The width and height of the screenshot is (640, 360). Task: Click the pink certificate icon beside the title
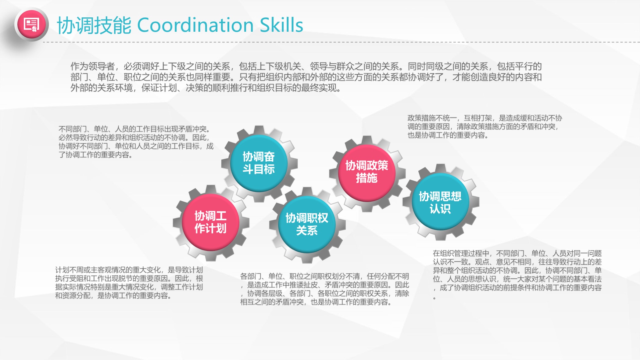coord(31,24)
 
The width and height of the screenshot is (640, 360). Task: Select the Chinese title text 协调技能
coord(94,25)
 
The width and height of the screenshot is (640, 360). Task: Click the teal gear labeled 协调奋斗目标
coord(259,163)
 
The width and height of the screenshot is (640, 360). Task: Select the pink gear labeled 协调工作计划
coord(211,222)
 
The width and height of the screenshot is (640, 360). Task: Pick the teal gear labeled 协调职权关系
coord(307,225)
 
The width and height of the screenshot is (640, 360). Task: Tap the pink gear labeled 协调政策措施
coord(367,173)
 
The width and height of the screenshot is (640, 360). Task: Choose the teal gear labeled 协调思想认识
coord(440,202)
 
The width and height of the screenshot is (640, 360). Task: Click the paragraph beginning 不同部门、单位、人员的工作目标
coord(136,142)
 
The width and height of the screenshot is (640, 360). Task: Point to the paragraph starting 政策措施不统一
coord(485,127)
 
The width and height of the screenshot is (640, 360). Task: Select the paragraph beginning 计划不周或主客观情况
coord(129,283)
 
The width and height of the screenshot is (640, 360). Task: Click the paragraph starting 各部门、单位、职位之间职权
coord(325,289)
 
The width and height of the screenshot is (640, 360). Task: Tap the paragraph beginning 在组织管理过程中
coord(517,275)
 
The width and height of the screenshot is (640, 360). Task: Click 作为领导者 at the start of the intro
coord(93,66)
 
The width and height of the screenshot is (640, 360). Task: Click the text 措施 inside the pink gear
coord(367,178)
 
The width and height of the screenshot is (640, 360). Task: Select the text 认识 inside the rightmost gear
coord(440,209)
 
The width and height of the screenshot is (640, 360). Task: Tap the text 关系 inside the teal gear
coord(307,230)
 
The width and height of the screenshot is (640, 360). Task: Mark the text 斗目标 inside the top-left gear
coord(259,169)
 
